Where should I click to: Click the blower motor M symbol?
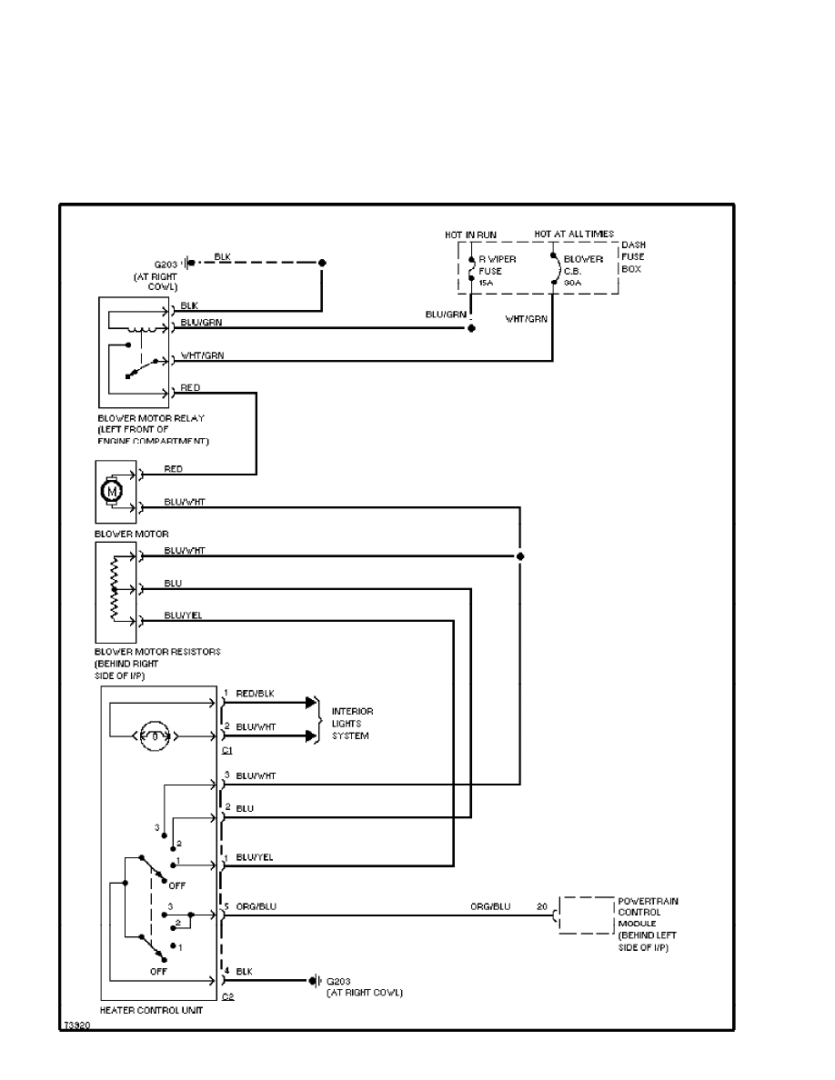tap(114, 492)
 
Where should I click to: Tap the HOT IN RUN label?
tap(470, 235)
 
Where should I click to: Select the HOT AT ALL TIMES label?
tap(573, 235)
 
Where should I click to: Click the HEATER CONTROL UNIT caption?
tap(150, 1010)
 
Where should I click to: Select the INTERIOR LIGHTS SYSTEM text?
tap(352, 723)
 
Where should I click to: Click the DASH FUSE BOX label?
tap(634, 256)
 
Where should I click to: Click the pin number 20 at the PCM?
tap(541, 906)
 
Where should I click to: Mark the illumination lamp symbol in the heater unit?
tap(155, 735)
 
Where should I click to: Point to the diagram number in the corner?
tap(75, 1024)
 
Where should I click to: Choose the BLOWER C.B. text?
tap(583, 270)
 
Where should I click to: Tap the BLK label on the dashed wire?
tap(223, 255)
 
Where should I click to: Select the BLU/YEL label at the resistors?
tap(183, 615)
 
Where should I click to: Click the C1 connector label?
tap(227, 750)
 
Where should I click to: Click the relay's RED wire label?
tap(190, 387)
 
